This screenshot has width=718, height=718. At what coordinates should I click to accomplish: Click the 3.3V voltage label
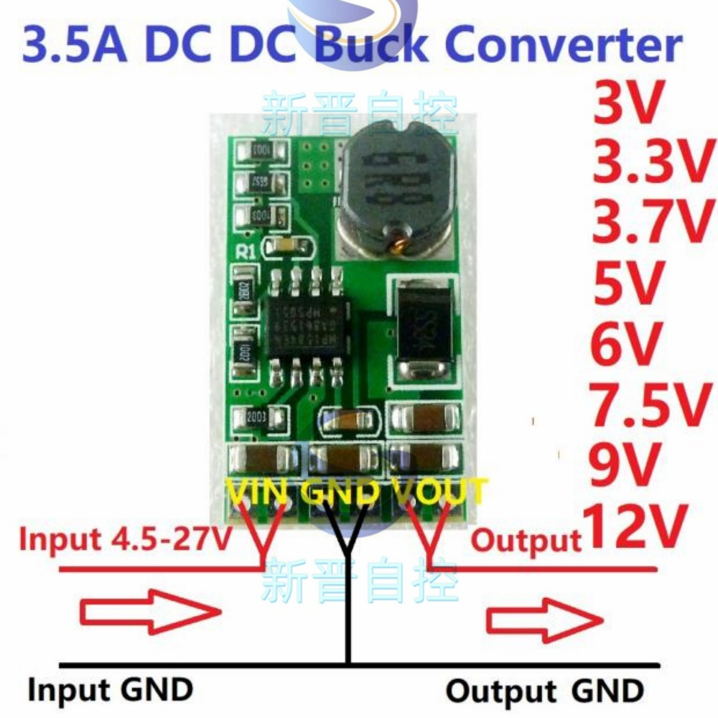coord(650,164)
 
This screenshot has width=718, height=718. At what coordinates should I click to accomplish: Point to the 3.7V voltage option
coord(650,223)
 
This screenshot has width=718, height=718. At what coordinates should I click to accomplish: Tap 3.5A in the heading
coord(76,45)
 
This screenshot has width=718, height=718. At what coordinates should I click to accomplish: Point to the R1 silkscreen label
coord(246,251)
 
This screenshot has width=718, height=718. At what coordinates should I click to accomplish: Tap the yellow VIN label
coord(258,493)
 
